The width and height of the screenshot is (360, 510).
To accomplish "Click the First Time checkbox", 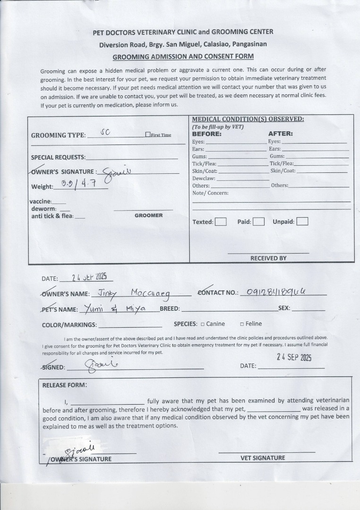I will pyautogui.click(x=148, y=135).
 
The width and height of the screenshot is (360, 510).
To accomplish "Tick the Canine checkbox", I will pyautogui.click(x=203, y=324).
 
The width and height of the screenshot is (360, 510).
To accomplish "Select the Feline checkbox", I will pyautogui.click(x=242, y=324).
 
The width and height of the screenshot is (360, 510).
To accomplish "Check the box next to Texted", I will pyautogui.click(x=221, y=221).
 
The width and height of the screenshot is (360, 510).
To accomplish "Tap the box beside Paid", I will pyautogui.click(x=258, y=221).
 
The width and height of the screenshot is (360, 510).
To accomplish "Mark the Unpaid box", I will pyautogui.click(x=302, y=221).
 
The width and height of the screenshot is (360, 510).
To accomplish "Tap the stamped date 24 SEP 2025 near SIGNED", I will pyautogui.click(x=294, y=357).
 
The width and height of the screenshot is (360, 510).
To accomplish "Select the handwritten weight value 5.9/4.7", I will pyautogui.click(x=79, y=184).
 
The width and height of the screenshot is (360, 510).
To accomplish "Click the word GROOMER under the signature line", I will pyautogui.click(x=148, y=215).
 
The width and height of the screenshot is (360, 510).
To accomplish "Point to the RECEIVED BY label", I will pyautogui.click(x=268, y=258).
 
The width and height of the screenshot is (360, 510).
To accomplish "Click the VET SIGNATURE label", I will pyautogui.click(x=263, y=458).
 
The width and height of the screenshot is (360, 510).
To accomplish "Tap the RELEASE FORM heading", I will pyautogui.click(x=65, y=385).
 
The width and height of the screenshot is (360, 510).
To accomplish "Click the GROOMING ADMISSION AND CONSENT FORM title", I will pyautogui.click(x=183, y=57).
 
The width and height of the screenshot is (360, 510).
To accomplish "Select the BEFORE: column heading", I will pyautogui.click(x=206, y=134).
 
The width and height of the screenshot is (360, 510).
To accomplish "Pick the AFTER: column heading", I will pyautogui.click(x=281, y=134).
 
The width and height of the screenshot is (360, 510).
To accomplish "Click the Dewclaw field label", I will pyautogui.click(x=204, y=178).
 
